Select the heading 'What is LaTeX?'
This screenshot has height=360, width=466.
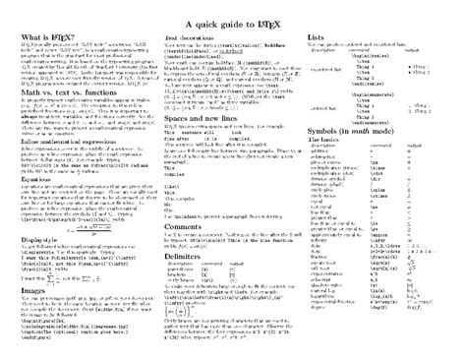[43, 37]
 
